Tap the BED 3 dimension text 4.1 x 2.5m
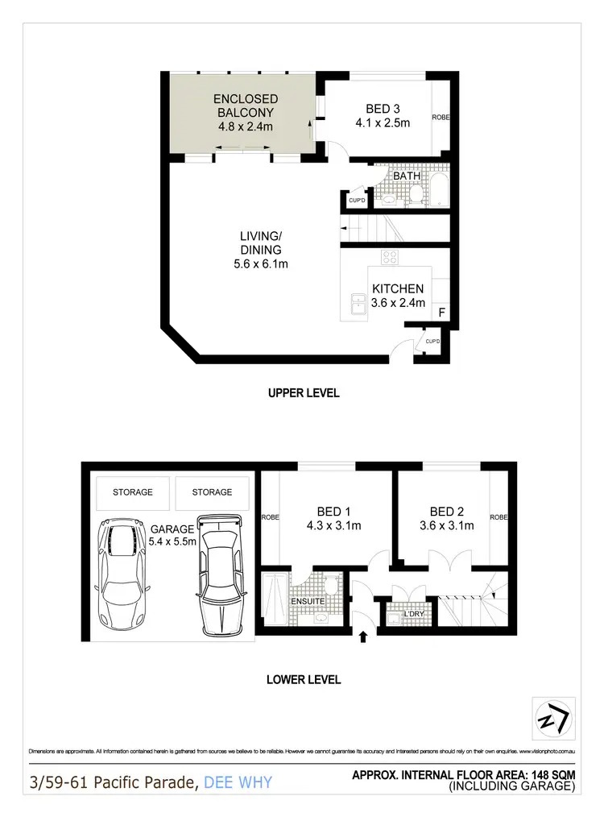[x=383, y=123]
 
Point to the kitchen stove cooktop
[x=390, y=258]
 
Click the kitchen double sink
[x=357, y=302]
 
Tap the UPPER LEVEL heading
[x=304, y=393]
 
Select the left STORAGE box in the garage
[x=132, y=492]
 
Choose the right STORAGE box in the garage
[x=212, y=492]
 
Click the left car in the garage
[x=120, y=575]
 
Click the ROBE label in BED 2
[x=499, y=516]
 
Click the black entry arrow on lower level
[x=362, y=637]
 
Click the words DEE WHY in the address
[x=238, y=782]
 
